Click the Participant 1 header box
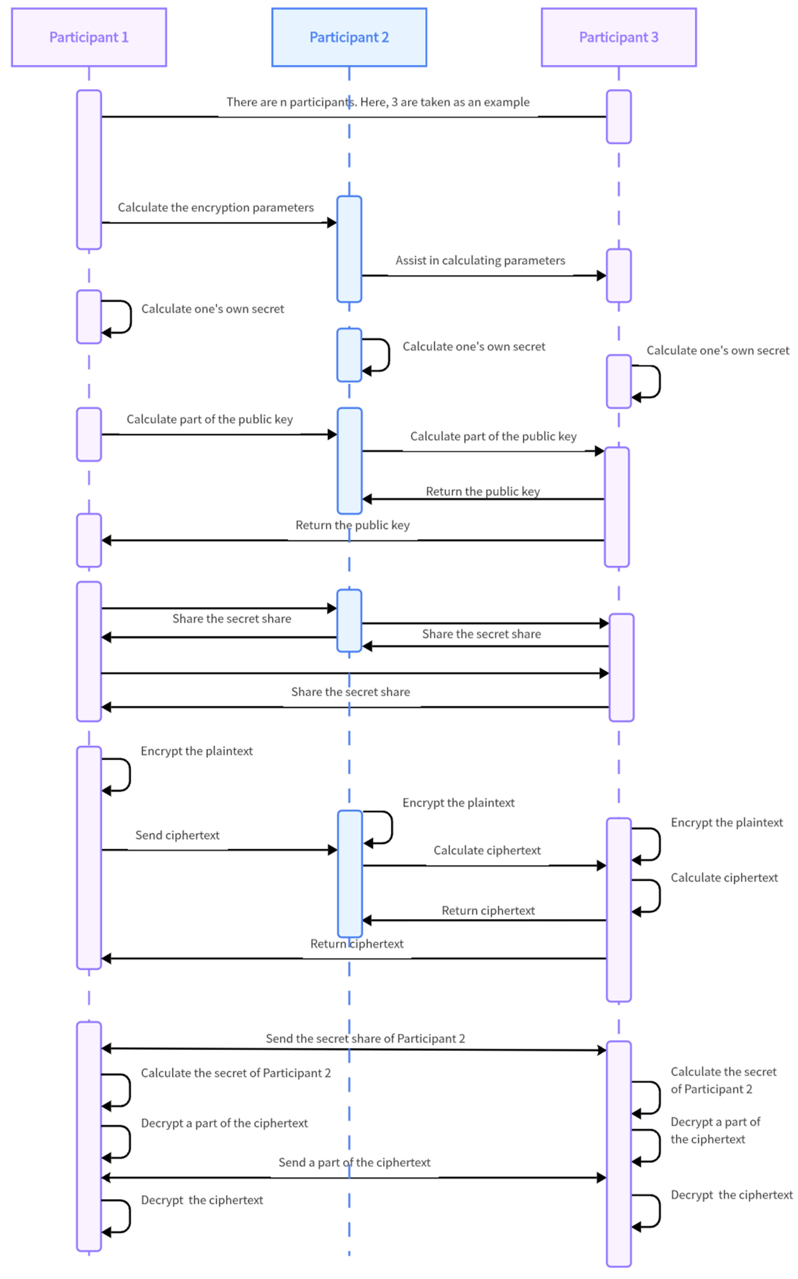(x=89, y=37)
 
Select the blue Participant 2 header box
(x=349, y=37)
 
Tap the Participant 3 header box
(x=619, y=37)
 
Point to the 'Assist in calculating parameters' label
(x=480, y=260)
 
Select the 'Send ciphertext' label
(x=177, y=835)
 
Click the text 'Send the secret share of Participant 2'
(x=365, y=1038)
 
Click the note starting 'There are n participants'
(x=378, y=102)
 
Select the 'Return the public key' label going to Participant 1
(x=353, y=525)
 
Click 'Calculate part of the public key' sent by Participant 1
(x=210, y=419)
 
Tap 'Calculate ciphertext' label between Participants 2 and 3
(x=487, y=850)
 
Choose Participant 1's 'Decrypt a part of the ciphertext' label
(x=224, y=1123)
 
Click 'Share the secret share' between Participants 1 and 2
(x=232, y=618)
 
